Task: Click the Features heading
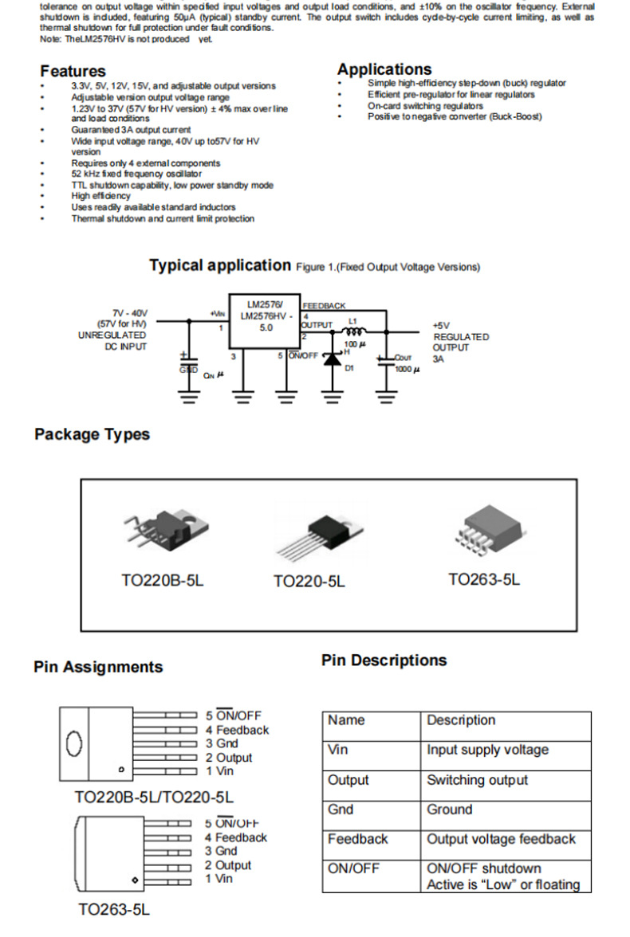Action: tap(73, 71)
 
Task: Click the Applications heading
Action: tap(384, 69)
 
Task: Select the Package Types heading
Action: tap(92, 434)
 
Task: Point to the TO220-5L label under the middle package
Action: tap(309, 582)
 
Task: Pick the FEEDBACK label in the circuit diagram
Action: tap(324, 305)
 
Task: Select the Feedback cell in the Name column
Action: tap(357, 839)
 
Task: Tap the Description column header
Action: tap(461, 720)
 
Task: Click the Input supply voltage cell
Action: tap(487, 750)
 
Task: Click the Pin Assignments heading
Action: tap(98, 667)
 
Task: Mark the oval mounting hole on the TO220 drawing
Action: tap(73, 743)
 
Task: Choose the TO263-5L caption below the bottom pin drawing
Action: tap(114, 909)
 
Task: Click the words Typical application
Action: tap(220, 265)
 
